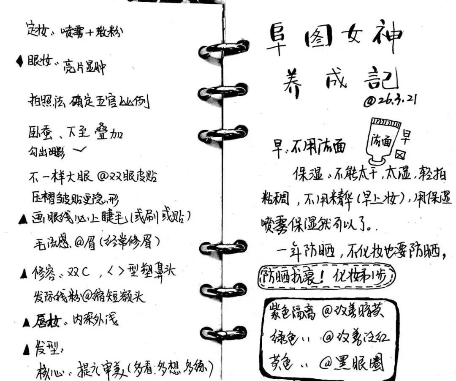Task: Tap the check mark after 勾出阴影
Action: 79,150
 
